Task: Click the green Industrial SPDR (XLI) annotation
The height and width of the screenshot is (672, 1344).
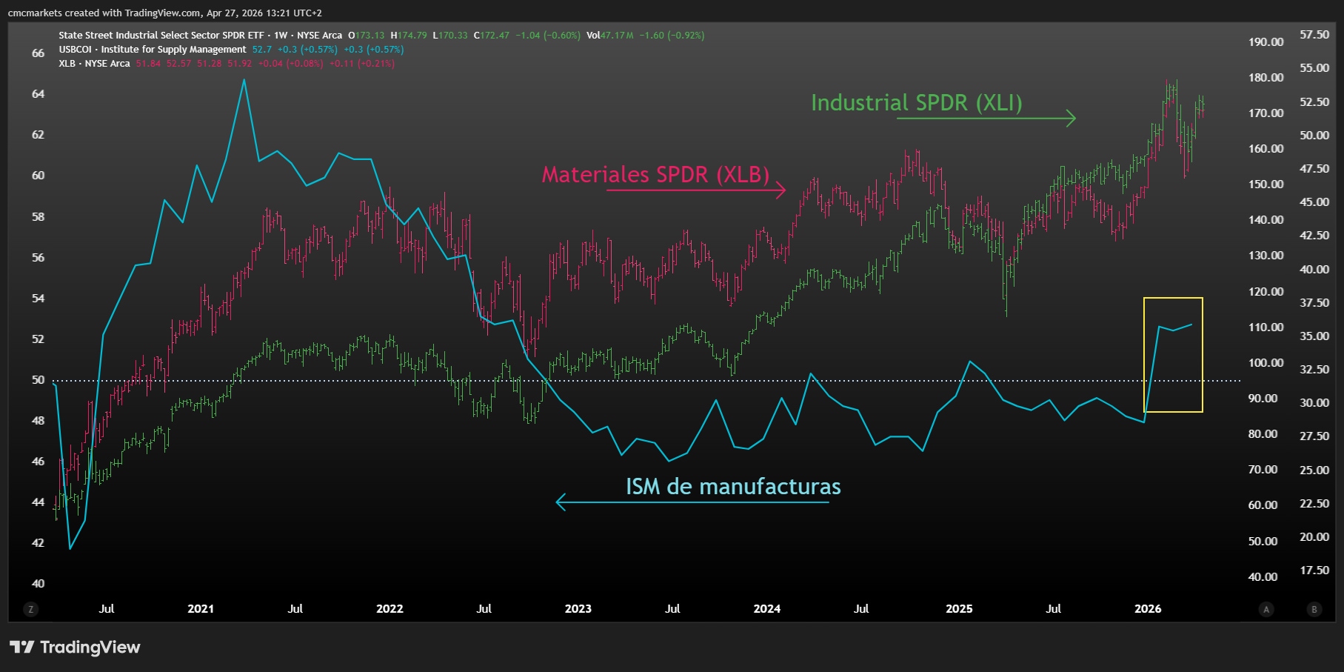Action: (916, 103)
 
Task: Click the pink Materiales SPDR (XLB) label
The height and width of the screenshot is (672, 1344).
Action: (655, 175)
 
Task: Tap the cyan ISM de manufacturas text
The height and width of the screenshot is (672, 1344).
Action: (733, 487)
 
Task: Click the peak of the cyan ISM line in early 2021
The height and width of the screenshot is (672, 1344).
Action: (244, 80)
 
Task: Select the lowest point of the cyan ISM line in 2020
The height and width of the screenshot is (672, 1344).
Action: (70, 548)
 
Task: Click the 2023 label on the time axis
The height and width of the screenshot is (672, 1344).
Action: (578, 609)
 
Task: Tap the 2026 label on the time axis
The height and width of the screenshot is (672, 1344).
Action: (1148, 609)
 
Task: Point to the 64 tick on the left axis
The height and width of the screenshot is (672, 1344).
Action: (38, 94)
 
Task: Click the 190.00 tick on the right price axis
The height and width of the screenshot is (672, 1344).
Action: (1266, 42)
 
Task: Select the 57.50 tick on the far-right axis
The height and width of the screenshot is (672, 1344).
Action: (1314, 35)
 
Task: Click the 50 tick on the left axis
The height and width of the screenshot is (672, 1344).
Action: (38, 380)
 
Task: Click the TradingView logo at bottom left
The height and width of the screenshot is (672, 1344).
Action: (75, 648)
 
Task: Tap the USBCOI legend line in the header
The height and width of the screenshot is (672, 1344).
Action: (153, 50)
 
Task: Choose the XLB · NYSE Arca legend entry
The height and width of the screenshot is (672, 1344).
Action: (94, 64)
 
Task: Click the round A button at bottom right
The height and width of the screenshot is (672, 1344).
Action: (1266, 609)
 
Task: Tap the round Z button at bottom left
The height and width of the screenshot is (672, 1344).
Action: (30, 609)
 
